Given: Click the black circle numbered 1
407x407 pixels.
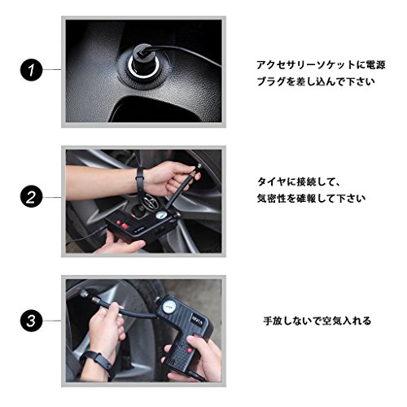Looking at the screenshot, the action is [32, 70].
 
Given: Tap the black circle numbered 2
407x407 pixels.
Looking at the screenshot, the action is [32, 198].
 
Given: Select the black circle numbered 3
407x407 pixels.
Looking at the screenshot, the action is [32, 321].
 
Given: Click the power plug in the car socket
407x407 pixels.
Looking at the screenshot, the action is [142, 61].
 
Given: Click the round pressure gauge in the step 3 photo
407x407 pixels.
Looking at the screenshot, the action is [166, 308].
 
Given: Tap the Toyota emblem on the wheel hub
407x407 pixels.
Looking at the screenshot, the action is [149, 201].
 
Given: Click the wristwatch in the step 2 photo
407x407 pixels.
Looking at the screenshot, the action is [140, 180].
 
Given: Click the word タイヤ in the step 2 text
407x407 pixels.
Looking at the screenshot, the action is [272, 182].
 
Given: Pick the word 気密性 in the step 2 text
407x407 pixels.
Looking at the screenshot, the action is [272, 199].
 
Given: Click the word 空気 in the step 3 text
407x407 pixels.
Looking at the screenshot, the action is [332, 321].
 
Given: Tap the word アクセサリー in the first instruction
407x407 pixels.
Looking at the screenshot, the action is [287, 65].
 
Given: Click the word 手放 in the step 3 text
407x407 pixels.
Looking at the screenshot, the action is [273, 321].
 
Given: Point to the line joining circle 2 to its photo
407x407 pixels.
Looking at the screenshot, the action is [52, 198].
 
